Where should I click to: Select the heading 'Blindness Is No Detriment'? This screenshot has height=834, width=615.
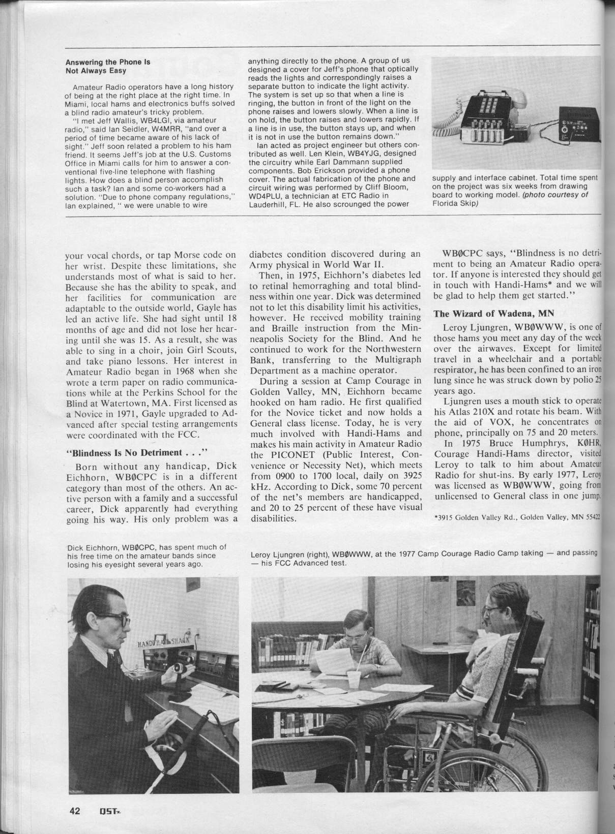118,452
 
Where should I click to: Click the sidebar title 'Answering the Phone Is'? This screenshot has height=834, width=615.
108,63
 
